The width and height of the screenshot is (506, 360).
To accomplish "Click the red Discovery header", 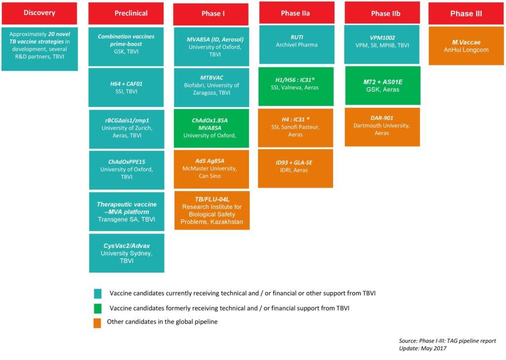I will pos(40,13).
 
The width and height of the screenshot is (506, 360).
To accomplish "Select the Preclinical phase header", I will pos(126,13).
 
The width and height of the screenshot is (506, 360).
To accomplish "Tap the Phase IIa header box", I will pos(295,13).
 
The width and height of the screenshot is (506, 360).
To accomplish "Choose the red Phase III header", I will pos(466,14).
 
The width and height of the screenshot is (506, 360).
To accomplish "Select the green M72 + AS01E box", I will pos(382,85).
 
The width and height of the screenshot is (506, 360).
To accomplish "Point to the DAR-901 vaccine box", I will pos(382,126).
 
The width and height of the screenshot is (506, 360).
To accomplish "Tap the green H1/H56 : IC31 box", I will pos(296,87).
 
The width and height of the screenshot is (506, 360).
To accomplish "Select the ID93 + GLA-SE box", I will pos(296,168).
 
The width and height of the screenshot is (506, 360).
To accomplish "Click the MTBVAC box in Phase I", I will pos(211,88).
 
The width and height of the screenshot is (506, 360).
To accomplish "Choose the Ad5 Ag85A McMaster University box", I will pos(211,169).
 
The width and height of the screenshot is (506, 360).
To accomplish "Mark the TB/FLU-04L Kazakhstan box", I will pos(211,210).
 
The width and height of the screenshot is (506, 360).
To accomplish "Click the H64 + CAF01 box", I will pos(126,87).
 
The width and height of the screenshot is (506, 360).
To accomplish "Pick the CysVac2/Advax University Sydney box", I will pos(126,253).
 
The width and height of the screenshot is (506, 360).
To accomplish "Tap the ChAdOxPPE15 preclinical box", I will pos(126,170).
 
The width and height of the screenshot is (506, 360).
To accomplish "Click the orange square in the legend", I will pos(97,322).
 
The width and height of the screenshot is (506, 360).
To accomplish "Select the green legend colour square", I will pos(97,308).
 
